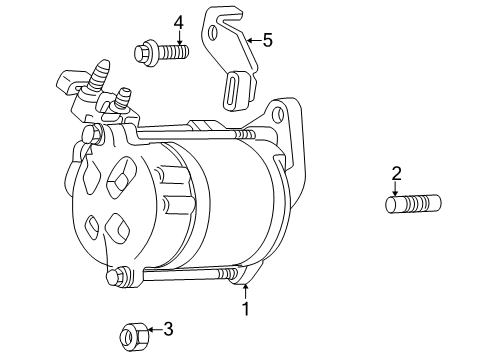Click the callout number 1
pyautogui.click(x=244, y=310)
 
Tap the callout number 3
pyautogui.click(x=169, y=327)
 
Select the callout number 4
pyautogui.click(x=178, y=21)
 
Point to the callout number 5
pyautogui.click(x=267, y=40)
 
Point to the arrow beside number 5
pyautogui.click(x=251, y=40)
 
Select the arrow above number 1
pyautogui.click(x=244, y=291)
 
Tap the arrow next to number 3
pyautogui.click(x=151, y=327)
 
